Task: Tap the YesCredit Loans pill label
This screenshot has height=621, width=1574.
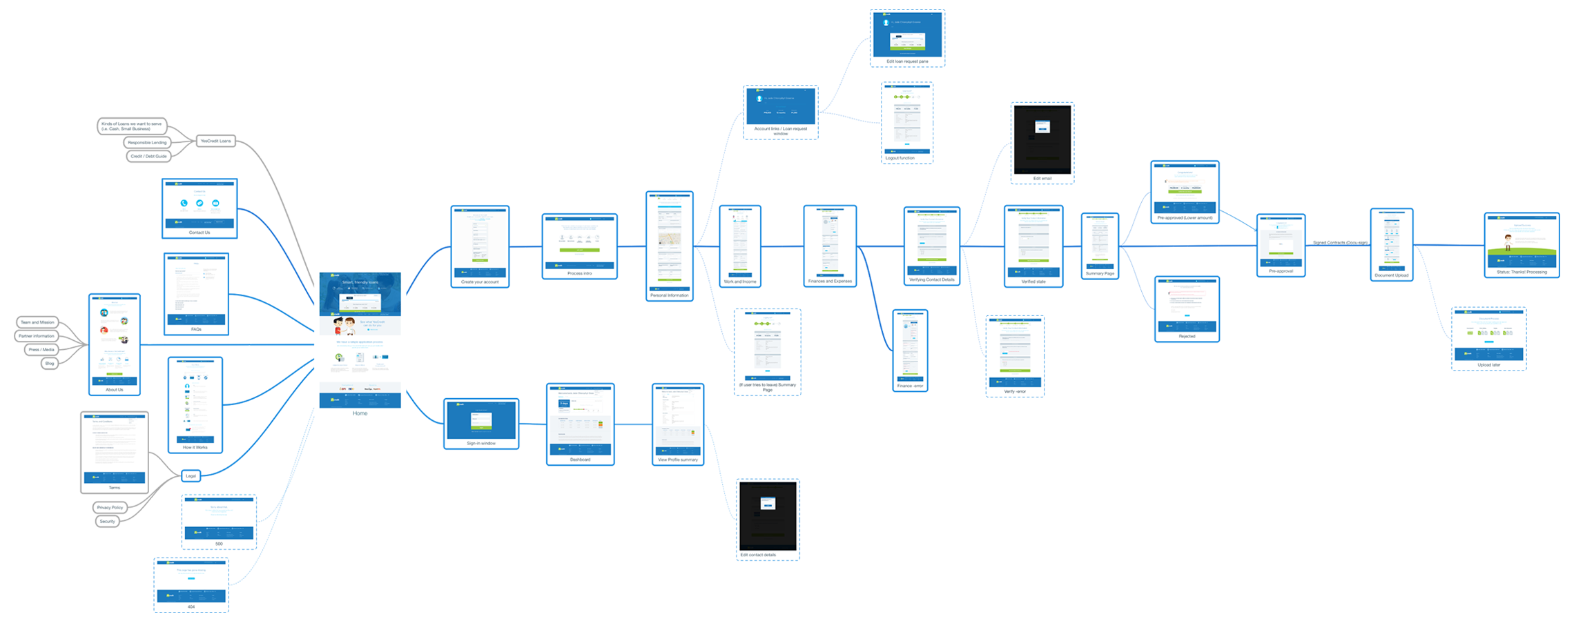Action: tap(215, 141)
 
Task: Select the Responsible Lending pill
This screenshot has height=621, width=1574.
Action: tap(147, 143)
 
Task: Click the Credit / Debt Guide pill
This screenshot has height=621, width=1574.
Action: tap(148, 157)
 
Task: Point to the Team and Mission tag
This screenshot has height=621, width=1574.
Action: tap(37, 322)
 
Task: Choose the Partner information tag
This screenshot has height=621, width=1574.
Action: tap(37, 336)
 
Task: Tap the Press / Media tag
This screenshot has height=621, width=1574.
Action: tap(41, 350)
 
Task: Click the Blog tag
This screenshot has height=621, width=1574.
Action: tap(50, 364)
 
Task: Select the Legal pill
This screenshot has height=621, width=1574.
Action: tap(191, 476)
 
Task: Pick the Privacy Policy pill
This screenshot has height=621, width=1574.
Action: tap(110, 508)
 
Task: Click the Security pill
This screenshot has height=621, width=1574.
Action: tap(107, 522)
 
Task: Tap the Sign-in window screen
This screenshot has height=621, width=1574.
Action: tap(481, 420)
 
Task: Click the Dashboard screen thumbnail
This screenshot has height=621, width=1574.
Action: tap(580, 421)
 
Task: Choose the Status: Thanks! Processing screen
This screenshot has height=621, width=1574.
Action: tap(1522, 241)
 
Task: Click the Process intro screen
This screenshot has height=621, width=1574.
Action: tap(579, 242)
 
